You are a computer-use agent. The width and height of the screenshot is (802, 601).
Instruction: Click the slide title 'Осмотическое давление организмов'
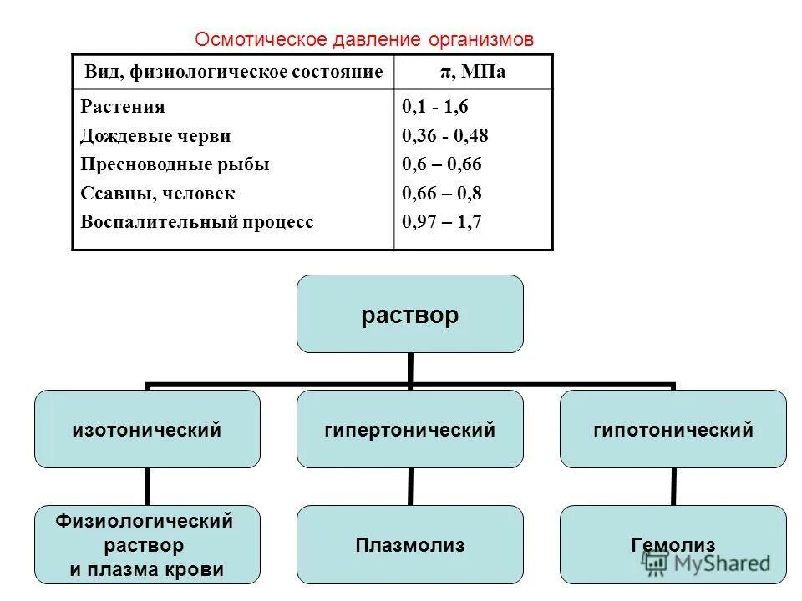[363, 39]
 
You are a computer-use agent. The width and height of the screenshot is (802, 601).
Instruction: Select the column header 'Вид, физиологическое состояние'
[234, 73]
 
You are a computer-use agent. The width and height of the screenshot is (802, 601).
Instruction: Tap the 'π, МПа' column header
[474, 73]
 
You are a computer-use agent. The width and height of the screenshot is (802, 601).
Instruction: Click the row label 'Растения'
[123, 107]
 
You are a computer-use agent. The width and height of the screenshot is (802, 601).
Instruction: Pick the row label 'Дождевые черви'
[156, 136]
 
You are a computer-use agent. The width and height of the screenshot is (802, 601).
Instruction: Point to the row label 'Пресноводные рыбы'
[175, 164]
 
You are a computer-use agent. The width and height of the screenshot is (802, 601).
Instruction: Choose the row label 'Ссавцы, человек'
[158, 194]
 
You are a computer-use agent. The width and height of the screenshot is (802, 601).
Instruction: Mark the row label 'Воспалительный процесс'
[197, 222]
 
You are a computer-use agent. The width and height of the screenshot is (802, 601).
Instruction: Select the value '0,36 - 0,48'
[445, 136]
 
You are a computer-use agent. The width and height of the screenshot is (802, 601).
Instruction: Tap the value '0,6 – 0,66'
[442, 164]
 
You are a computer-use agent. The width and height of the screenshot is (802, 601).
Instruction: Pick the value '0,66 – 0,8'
[442, 194]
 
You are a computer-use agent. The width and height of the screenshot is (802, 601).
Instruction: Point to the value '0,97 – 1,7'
[442, 222]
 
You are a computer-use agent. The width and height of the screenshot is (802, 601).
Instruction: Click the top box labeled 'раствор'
[410, 315]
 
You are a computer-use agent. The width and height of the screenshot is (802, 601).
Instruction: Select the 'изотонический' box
[147, 430]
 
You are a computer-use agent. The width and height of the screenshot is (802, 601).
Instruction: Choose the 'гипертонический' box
[410, 430]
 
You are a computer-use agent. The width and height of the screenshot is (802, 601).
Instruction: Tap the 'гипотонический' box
[673, 430]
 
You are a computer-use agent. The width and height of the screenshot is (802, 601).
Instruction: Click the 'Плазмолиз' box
[410, 545]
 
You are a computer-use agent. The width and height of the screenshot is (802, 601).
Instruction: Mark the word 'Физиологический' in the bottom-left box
[145, 522]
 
